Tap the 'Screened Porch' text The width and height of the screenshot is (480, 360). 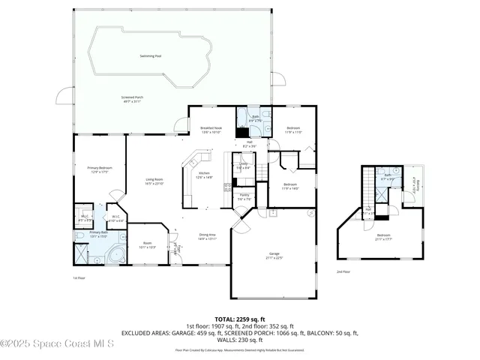133,98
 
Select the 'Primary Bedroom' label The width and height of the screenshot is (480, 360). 98,169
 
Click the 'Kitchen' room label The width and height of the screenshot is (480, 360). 204,175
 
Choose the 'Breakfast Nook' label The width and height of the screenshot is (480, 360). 211,128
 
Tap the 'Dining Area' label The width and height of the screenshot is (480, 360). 208,236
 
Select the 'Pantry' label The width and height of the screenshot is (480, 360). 244,196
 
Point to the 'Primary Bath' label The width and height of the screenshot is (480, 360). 99,233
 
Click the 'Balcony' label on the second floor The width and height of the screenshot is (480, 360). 415,184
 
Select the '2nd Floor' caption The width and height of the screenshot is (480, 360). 343,271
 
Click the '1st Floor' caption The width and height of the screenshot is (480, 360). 79,277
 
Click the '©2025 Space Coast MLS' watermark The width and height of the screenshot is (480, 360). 58,344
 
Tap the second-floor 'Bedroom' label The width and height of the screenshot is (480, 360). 383,236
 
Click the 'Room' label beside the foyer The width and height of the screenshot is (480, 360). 148,244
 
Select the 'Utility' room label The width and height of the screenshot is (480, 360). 243,164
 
